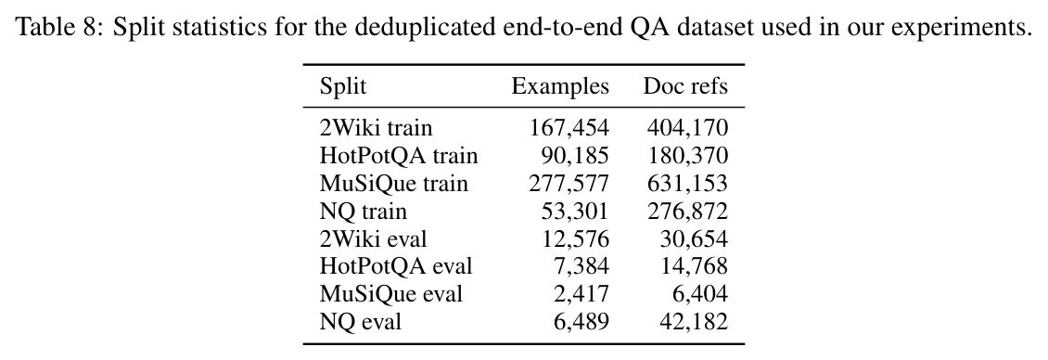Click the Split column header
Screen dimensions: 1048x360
(343, 87)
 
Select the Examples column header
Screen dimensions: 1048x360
(560, 86)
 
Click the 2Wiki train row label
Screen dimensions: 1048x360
(376, 128)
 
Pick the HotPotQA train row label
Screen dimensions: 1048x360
(399, 156)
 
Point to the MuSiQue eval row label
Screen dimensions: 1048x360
(391, 294)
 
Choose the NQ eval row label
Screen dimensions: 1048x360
(360, 322)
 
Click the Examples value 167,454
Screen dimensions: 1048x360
(569, 128)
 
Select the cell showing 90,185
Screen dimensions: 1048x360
(575, 156)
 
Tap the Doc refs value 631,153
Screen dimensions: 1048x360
(687, 184)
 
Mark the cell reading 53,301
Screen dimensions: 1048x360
(575, 212)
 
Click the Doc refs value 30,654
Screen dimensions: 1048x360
(693, 238)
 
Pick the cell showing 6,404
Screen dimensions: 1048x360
(699, 294)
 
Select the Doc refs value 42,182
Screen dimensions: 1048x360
(693, 322)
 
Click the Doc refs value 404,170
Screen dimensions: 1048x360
(687, 128)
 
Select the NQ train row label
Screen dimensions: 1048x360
(363, 212)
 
